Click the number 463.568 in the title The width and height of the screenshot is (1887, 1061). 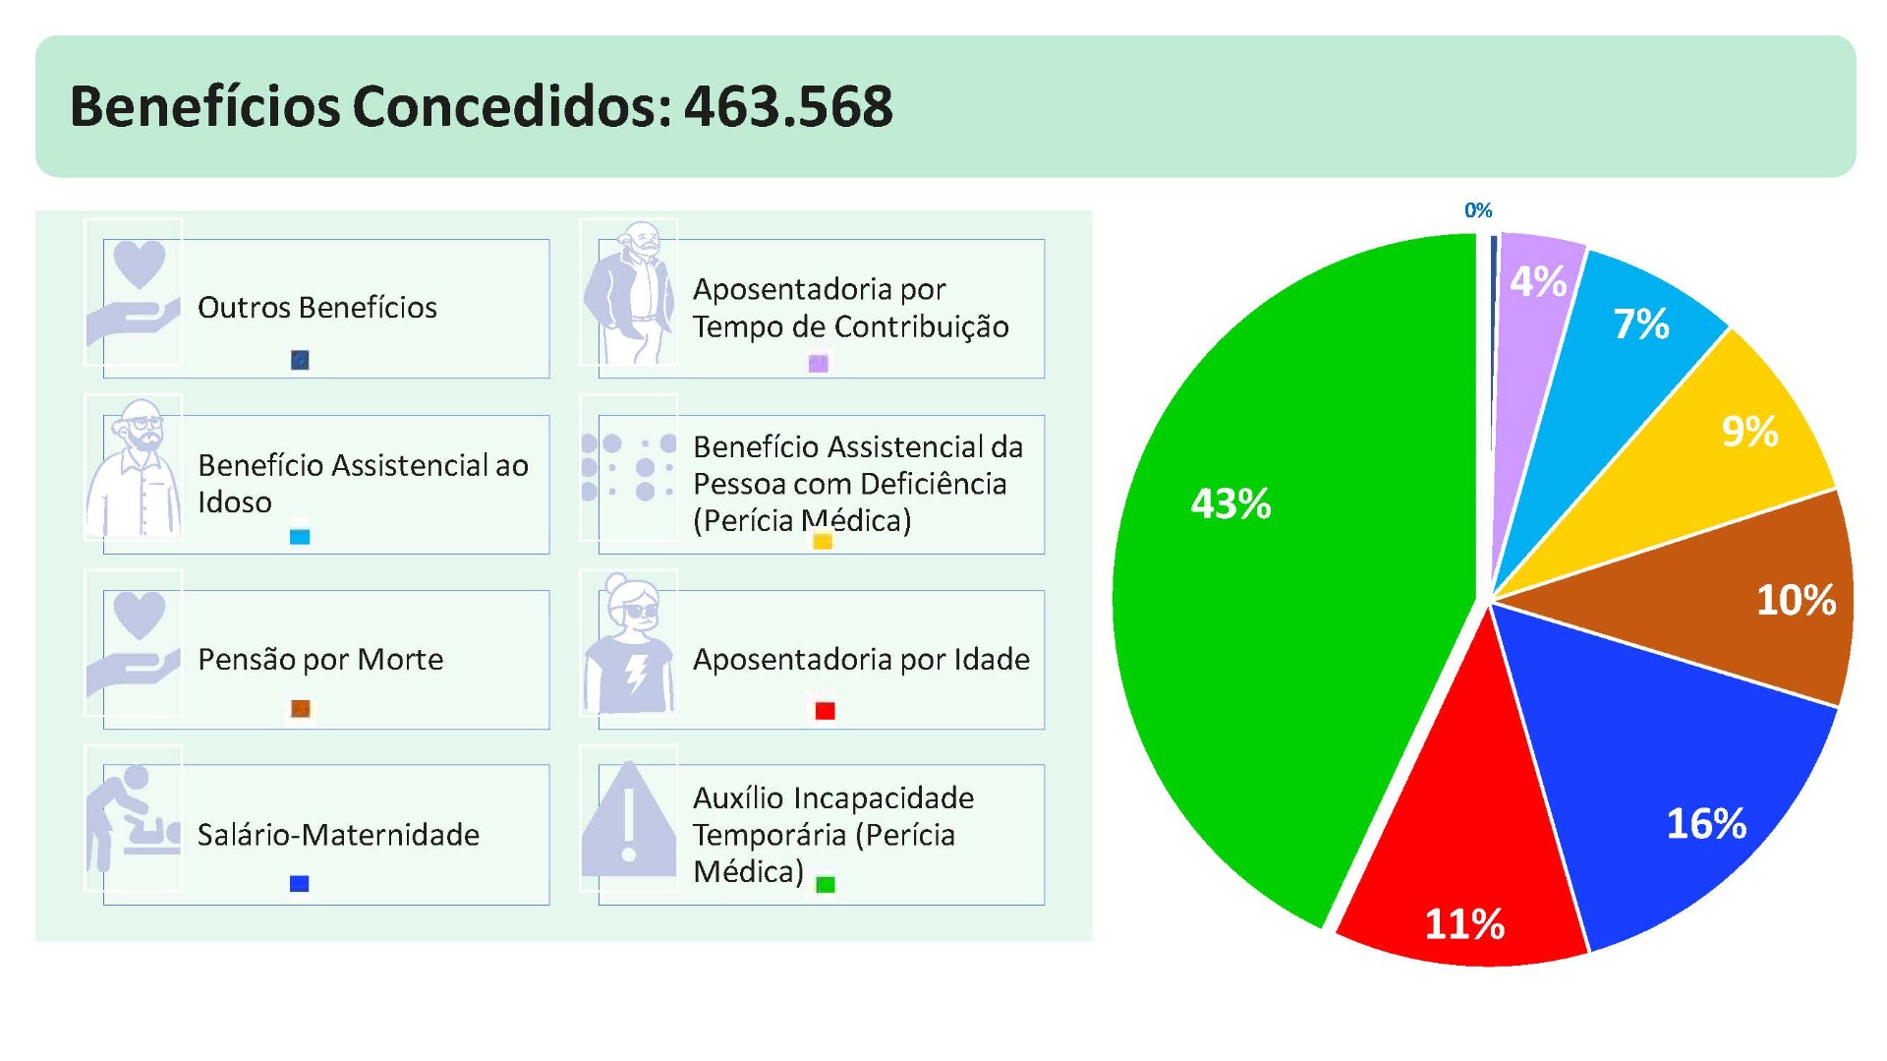pos(788,106)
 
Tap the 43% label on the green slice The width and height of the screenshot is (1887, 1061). pos(1230,503)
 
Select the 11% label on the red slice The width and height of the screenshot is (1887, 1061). pos(1464,923)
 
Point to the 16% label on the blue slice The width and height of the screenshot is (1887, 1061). pos(1706,823)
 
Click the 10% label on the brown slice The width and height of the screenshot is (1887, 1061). pos(1796,599)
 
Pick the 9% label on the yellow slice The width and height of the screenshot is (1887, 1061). pos(1749,431)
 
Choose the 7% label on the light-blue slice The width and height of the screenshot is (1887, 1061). pos(1641,324)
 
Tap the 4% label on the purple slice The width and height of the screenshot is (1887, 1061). pos(1538,281)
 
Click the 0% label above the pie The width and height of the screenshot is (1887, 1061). pos(1478,210)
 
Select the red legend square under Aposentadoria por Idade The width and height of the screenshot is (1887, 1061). pos(825,710)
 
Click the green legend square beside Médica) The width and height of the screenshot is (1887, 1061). pos(826,884)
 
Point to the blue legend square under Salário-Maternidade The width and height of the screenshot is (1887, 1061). pos(300,883)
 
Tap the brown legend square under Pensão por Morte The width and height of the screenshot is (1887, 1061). pos(301,709)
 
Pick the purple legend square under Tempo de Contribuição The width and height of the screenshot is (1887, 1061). pos(818,363)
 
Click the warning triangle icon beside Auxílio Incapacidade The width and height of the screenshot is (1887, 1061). pos(629,820)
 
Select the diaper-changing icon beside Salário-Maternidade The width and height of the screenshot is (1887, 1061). pos(133,819)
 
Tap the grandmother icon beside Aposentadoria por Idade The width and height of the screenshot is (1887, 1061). pos(629,644)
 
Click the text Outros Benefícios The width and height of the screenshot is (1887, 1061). pos(316,307)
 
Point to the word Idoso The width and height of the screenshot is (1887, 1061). pos(234,501)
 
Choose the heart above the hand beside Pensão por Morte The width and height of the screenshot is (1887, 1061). pos(140,613)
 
